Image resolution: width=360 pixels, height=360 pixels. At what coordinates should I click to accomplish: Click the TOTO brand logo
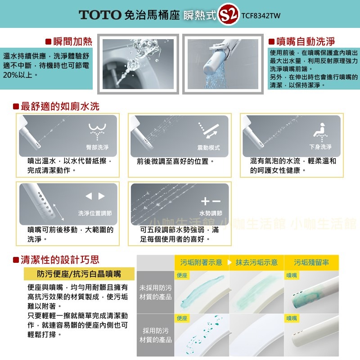coord(100,15)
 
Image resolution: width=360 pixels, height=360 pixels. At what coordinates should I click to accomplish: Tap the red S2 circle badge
coord(228,15)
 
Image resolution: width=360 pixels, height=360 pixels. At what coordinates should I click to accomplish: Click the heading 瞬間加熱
coord(72,42)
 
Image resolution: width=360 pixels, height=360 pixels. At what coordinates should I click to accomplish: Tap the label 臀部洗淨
coord(97,148)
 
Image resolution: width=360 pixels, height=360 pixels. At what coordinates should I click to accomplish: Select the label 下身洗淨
coord(320,147)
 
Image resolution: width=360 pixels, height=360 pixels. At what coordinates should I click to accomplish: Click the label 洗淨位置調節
coord(94,213)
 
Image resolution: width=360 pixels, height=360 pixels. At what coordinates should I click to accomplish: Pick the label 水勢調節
coord(211,213)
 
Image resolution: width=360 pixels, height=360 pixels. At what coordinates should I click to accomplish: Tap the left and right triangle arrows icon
coord(95,196)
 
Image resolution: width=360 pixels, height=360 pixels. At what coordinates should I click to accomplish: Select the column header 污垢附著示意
coord(201,262)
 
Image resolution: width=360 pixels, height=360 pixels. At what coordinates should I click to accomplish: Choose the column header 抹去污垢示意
coord(256,262)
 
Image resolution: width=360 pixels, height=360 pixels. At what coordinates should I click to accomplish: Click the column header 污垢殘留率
coord(311,262)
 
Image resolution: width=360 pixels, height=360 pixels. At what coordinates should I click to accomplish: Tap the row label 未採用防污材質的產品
coord(155,292)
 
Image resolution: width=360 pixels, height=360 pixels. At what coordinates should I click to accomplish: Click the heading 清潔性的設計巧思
coord(60,260)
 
